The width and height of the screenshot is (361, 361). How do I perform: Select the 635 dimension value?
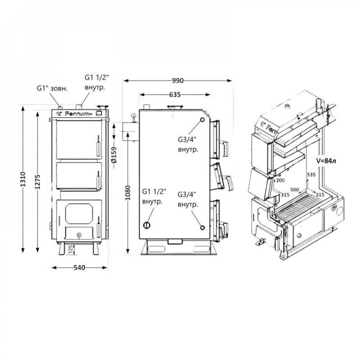coord(174,95)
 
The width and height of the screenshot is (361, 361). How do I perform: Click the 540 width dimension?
coord(79,268)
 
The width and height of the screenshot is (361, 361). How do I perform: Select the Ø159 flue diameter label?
coord(113,155)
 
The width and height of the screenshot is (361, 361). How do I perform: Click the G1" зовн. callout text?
coord(52,88)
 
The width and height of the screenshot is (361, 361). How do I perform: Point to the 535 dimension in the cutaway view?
coord(311,175)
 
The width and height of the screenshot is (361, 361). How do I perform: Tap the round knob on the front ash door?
coord(79,235)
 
